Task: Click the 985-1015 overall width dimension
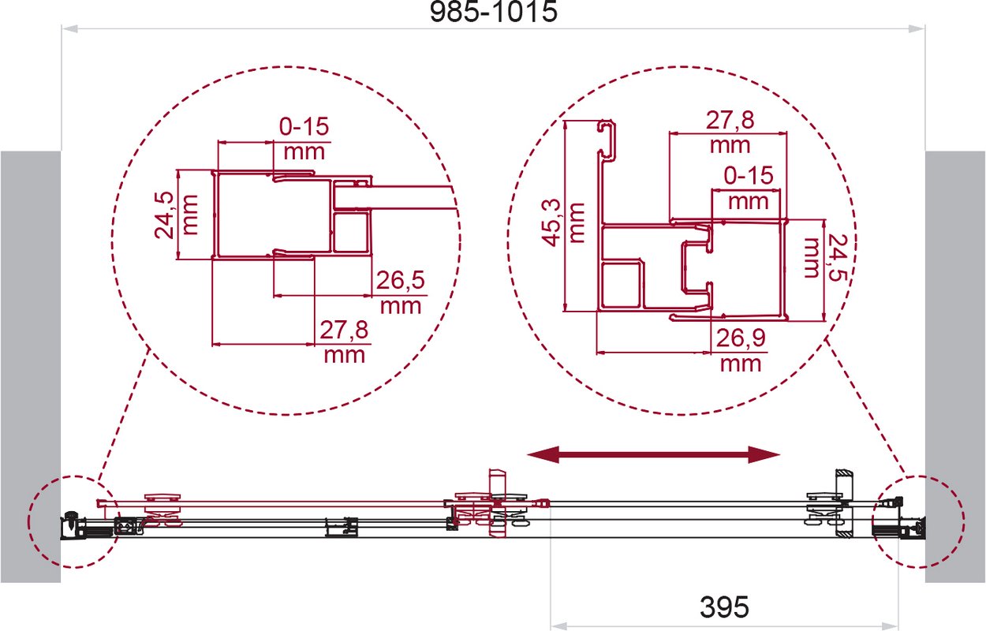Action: click(x=494, y=13)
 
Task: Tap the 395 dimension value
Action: click(x=724, y=607)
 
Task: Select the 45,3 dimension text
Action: click(x=551, y=222)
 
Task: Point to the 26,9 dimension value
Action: click(x=741, y=338)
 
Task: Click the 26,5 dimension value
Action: click(x=401, y=280)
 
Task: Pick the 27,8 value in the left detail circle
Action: click(x=344, y=330)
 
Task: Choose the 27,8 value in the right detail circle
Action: click(x=730, y=120)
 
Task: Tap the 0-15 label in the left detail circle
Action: click(x=304, y=127)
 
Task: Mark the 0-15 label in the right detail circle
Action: click(x=749, y=176)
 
